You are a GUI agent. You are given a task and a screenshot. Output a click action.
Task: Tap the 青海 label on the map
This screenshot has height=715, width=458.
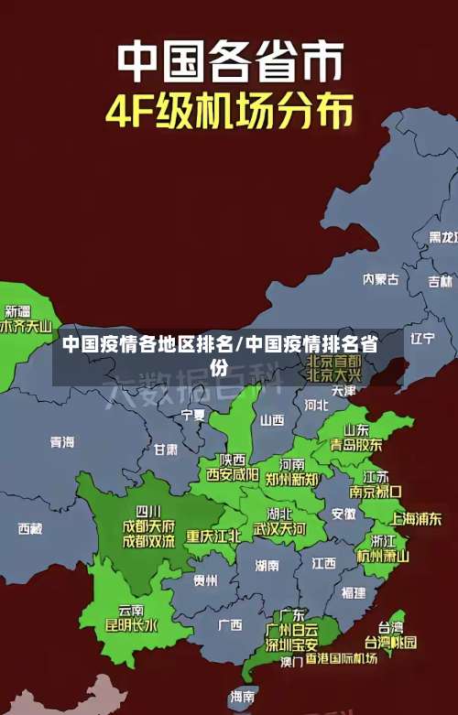(x=62, y=441)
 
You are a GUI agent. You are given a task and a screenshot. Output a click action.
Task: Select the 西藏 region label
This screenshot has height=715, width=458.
(x=30, y=528)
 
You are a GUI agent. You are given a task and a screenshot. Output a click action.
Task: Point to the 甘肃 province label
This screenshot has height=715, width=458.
(x=166, y=450)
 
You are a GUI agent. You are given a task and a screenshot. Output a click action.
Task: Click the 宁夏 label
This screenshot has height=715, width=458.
(x=193, y=414)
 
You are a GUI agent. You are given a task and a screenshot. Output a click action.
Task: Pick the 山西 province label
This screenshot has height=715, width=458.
(x=272, y=420)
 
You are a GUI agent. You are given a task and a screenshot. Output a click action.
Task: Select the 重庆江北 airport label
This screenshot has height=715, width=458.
(x=213, y=535)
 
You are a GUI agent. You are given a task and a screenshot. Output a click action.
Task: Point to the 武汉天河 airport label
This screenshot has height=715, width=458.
(x=279, y=529)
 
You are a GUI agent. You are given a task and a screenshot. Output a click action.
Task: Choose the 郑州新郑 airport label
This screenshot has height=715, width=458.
(x=292, y=478)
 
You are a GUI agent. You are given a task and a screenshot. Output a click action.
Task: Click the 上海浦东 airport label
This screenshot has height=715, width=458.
(x=416, y=518)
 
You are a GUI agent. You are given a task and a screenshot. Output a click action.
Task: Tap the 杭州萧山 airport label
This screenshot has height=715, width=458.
(x=383, y=555)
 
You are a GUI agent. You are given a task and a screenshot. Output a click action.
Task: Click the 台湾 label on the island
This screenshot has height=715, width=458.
(x=390, y=627)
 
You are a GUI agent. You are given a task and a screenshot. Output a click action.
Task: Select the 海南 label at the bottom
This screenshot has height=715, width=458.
(x=243, y=696)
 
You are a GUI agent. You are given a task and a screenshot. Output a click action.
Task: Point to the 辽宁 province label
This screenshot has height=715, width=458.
(x=422, y=338)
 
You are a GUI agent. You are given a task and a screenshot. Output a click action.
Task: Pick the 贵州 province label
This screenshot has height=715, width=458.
(x=205, y=580)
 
